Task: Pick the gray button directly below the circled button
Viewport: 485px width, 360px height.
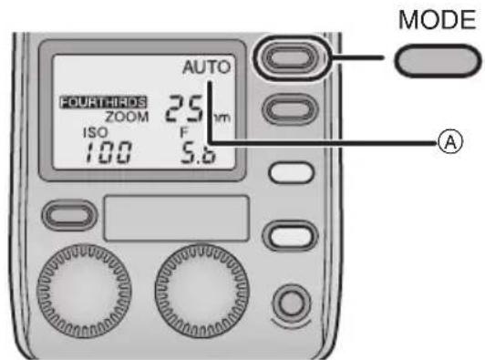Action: [289, 109]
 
